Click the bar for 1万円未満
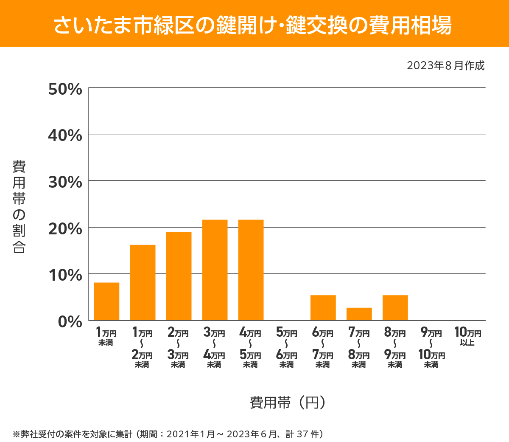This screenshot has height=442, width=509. pos(106,301)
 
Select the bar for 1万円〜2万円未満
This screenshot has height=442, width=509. pos(143,282)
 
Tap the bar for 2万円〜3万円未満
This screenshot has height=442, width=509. pos(179,276)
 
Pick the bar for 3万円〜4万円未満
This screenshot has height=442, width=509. pos(215,270)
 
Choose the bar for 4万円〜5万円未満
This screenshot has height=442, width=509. pos(251,270)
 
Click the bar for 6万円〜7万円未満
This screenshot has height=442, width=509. pos(323,308)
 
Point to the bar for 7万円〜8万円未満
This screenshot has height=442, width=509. pos(359,314)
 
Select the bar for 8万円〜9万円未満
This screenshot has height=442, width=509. pos(395,308)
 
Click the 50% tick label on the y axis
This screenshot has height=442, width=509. pos(65,89)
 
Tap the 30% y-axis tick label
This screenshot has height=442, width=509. pos(65,182)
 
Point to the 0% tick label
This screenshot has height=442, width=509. pos(70,321)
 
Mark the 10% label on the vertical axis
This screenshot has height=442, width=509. pos(65,275)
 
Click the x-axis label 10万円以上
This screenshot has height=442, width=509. pos(467,336)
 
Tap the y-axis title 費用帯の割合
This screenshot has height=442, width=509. pos(19,207)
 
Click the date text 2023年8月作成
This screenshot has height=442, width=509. pos(445,66)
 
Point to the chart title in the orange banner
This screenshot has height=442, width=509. pos(253,25)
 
